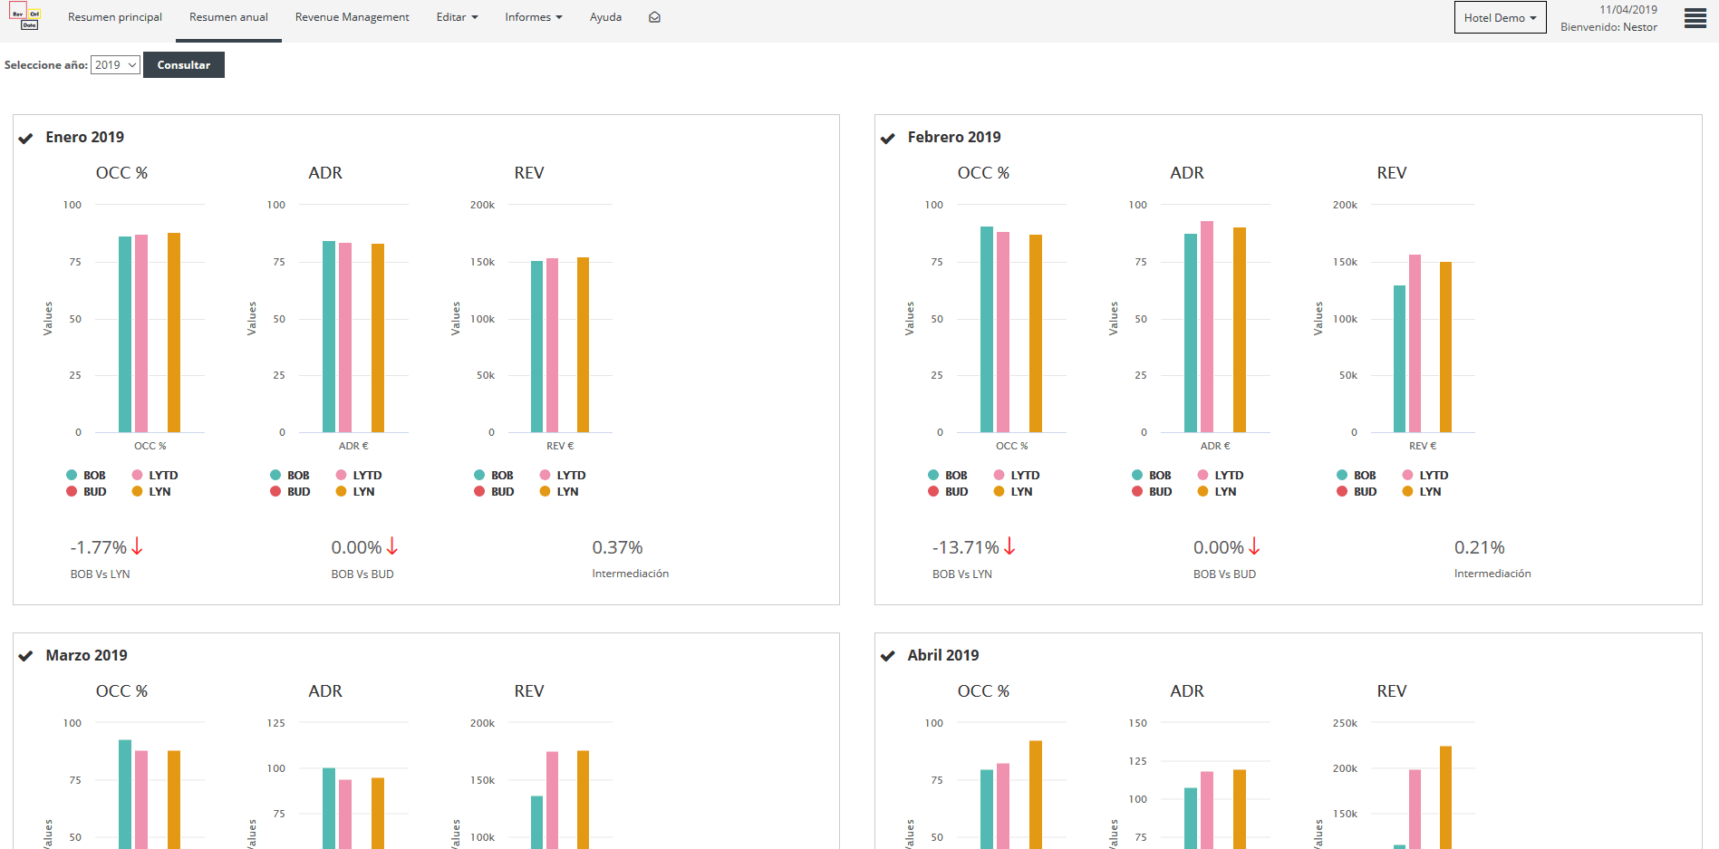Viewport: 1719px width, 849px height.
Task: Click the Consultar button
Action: (x=183, y=65)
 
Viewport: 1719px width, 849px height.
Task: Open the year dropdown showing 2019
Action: (x=115, y=65)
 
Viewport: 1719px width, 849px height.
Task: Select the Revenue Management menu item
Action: (x=352, y=17)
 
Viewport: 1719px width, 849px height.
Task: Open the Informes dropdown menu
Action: (x=533, y=17)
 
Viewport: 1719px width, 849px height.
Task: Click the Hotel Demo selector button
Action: (x=1500, y=17)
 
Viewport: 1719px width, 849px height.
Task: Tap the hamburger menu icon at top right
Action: (x=1695, y=18)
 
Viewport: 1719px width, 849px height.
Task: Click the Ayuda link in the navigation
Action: (x=605, y=17)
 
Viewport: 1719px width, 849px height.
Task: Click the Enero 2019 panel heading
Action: (x=84, y=137)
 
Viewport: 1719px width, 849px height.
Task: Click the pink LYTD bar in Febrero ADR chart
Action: (x=1207, y=326)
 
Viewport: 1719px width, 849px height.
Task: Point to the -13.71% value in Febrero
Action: (x=965, y=547)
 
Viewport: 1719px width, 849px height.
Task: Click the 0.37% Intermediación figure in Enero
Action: (x=617, y=547)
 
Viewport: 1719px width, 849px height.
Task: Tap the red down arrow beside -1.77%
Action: (x=138, y=546)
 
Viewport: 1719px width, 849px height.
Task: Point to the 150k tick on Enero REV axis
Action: (x=482, y=262)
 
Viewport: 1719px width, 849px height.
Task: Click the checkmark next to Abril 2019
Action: (x=888, y=656)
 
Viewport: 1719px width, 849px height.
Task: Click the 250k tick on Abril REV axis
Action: (x=1345, y=723)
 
